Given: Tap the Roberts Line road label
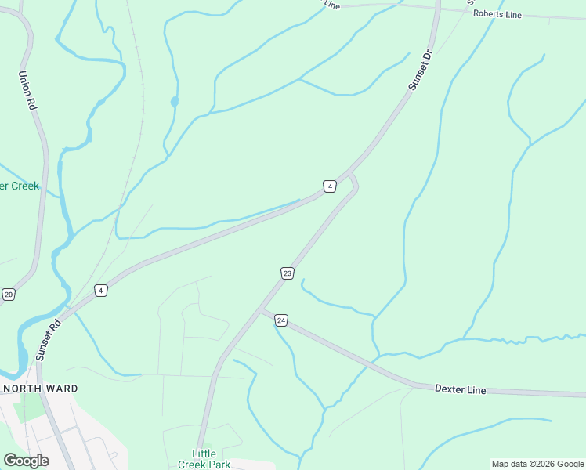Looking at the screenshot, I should pyautogui.click(x=497, y=14).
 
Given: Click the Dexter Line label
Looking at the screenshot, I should pyautogui.click(x=461, y=389).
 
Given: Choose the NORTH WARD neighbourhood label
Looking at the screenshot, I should pyautogui.click(x=41, y=389).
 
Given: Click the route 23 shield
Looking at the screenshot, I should pyautogui.click(x=288, y=273).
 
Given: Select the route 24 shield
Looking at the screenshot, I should pyautogui.click(x=281, y=320).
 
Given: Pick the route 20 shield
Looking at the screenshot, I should pyautogui.click(x=9, y=294).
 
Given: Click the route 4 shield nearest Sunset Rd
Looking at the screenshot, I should pyautogui.click(x=100, y=291).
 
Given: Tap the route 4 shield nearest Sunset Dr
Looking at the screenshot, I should pyautogui.click(x=330, y=186).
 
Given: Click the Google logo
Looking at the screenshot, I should pyautogui.click(x=26, y=460).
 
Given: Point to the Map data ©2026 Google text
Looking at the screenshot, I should pyautogui.click(x=537, y=464).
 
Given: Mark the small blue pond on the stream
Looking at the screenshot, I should pyautogui.click(x=174, y=101).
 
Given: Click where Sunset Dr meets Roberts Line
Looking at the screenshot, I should pyautogui.click(x=437, y=8).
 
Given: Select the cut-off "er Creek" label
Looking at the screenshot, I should pyautogui.click(x=20, y=186).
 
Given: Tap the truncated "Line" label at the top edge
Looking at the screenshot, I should pyautogui.click(x=332, y=5).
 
